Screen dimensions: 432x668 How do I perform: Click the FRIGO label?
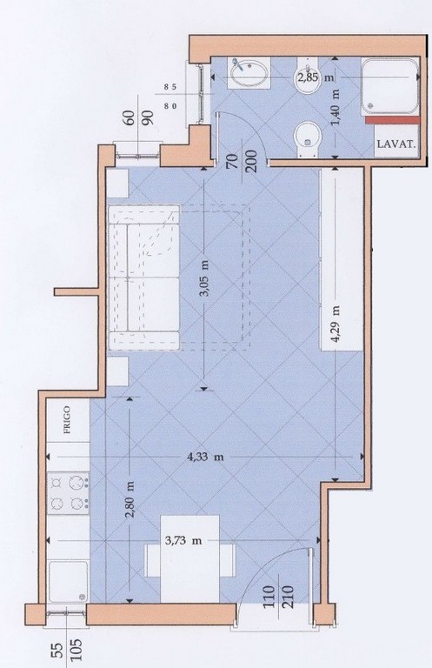67,419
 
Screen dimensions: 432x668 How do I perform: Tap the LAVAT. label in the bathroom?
396,144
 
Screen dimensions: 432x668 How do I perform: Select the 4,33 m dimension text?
206,458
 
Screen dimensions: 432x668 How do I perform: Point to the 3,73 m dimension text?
183,541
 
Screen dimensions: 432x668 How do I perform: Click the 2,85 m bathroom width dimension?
316,77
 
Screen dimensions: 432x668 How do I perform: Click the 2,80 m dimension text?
130,499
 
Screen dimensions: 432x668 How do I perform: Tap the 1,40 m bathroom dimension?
336,107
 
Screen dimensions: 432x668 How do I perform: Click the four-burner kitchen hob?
68,493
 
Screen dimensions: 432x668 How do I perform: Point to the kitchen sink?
68,581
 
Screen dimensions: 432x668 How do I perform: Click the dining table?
189,558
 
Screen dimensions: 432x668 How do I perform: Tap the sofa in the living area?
143,277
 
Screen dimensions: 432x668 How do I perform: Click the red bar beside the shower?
392,120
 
